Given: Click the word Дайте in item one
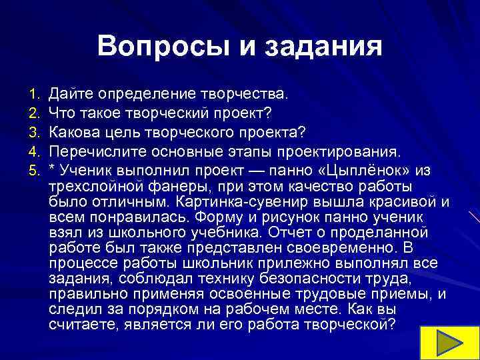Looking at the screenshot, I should [69, 90].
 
